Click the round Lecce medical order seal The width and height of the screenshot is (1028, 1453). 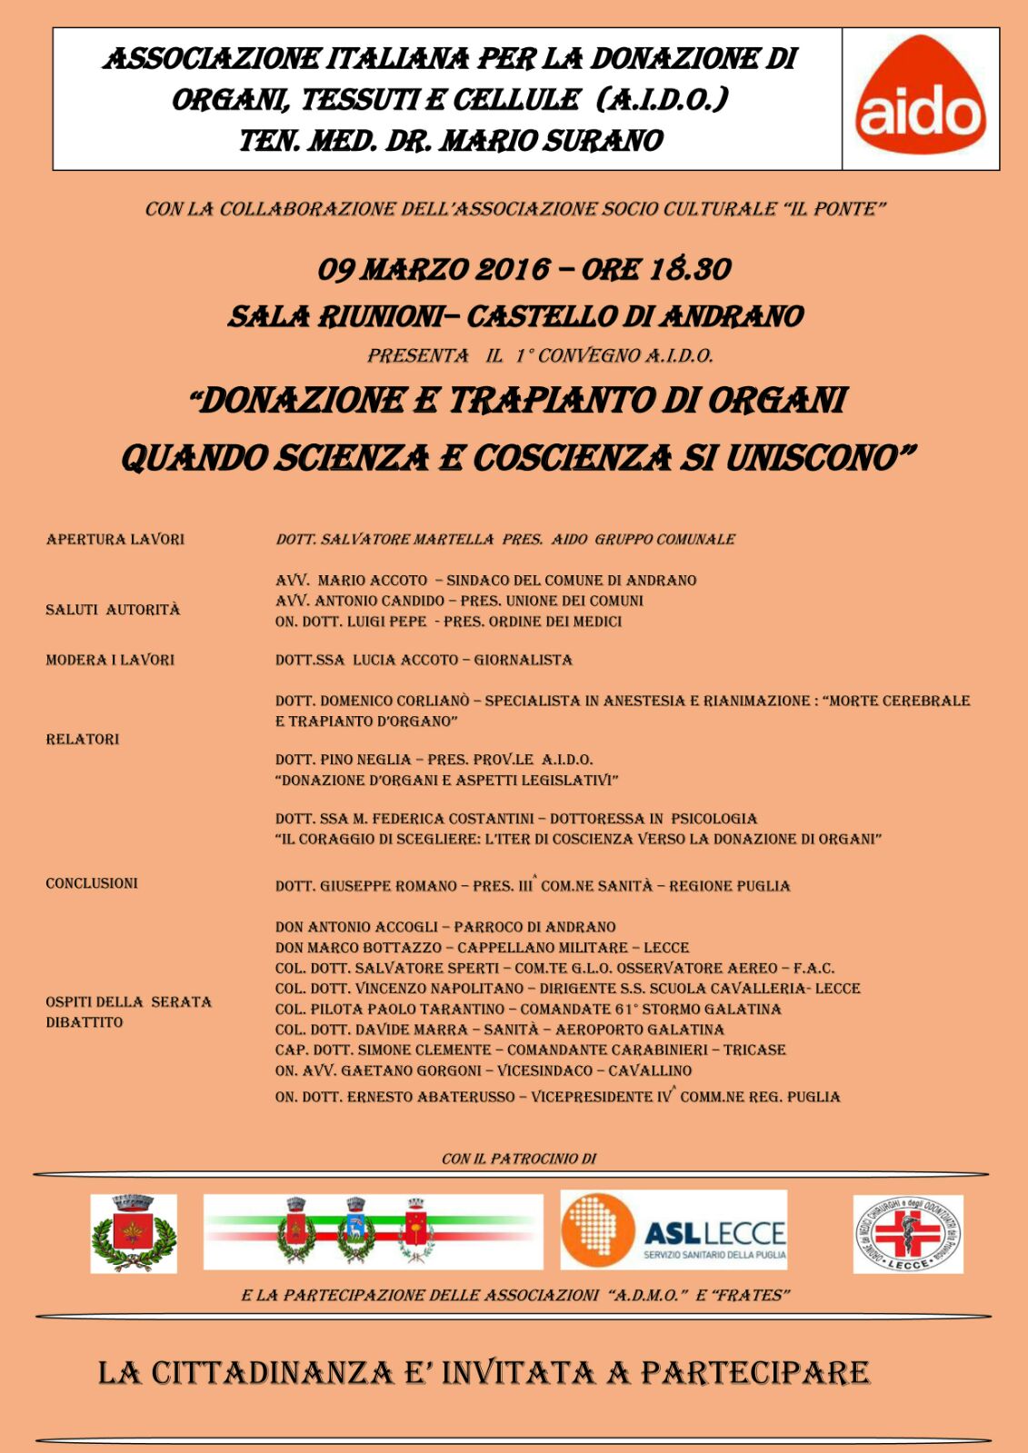click(907, 1233)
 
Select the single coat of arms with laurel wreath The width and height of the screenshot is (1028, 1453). click(134, 1233)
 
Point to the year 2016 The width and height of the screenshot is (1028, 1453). click(514, 270)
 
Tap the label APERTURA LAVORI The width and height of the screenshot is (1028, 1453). click(115, 540)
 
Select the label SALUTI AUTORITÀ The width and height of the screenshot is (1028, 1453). click(113, 610)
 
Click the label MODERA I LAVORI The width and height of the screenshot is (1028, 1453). click(110, 660)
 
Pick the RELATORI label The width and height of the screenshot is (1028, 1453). click(83, 740)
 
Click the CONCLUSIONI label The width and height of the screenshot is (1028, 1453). click(92, 883)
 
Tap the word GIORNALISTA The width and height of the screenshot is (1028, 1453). click(524, 660)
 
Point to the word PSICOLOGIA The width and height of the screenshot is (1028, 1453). click(714, 819)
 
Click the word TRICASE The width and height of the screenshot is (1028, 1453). click(754, 1050)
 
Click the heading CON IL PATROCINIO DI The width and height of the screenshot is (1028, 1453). click(519, 1159)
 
